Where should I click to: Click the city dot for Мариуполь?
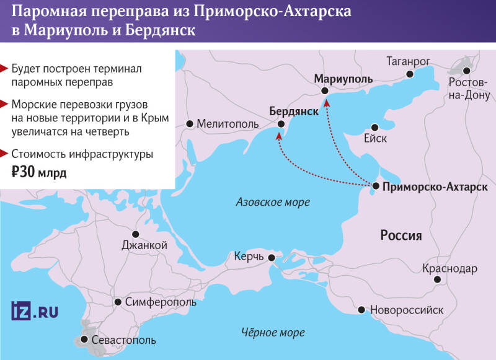[325, 91]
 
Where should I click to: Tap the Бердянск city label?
[293, 111]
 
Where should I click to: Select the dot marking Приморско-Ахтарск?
[376, 186]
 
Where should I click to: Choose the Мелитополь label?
[227, 124]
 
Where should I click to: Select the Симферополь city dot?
[118, 302]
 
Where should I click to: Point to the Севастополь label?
[123, 340]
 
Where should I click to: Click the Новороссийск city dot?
[361, 309]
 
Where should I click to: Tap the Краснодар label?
[449, 268]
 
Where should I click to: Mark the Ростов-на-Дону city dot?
[466, 71]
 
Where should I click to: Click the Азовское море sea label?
[273, 202]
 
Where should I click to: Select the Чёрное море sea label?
[273, 333]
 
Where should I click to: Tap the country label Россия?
[401, 235]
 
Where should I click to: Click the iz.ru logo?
[35, 310]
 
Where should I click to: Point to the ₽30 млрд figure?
[38, 172]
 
